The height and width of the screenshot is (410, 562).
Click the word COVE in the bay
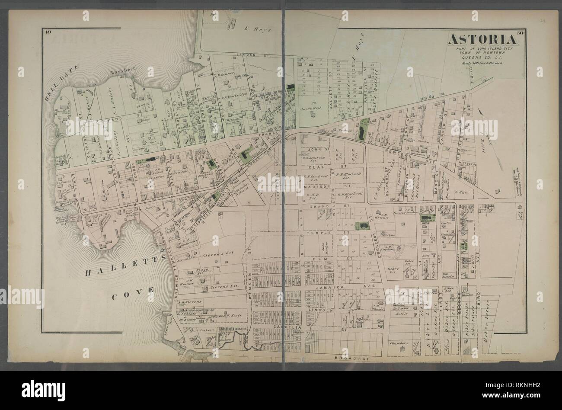pos(133,298)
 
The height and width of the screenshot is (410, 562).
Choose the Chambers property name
pos(399,343)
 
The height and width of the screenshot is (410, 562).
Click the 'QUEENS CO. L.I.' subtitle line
pos(481,57)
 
